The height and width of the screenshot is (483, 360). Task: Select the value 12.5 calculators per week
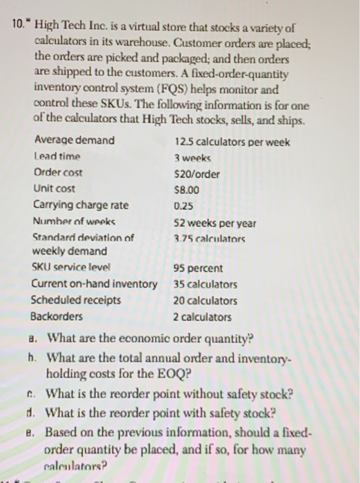(x=232, y=142)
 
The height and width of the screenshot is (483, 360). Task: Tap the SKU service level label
(x=71, y=267)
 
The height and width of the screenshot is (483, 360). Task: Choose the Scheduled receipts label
(x=77, y=300)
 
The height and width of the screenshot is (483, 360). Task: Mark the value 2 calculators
(x=203, y=317)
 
